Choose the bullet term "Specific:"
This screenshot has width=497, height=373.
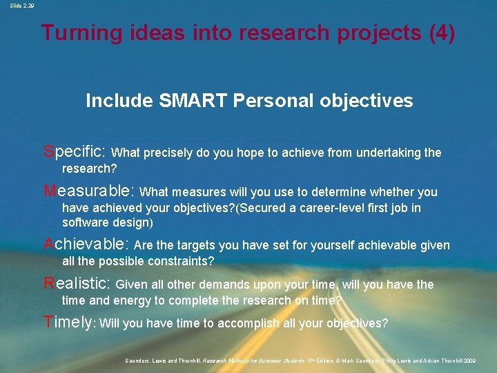click(x=75, y=151)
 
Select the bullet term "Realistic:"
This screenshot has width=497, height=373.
click(x=77, y=284)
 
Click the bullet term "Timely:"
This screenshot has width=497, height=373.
click(x=69, y=323)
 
